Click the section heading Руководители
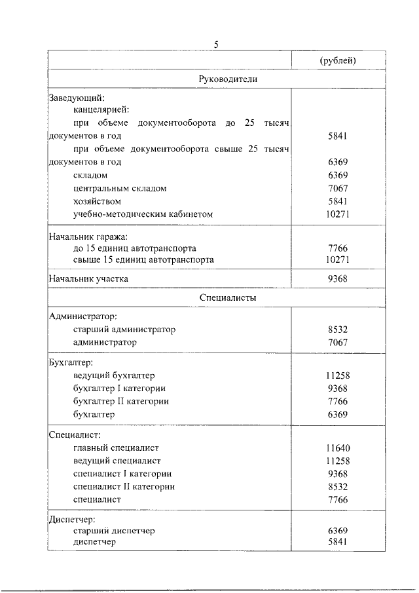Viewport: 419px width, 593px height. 228,79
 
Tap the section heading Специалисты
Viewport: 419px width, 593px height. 228,298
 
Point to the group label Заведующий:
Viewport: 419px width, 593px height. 77,98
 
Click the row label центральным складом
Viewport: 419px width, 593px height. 120,188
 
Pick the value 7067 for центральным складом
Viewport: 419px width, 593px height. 338,188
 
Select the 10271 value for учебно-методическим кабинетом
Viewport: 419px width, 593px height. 338,214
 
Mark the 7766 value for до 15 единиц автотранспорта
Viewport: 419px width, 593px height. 338,249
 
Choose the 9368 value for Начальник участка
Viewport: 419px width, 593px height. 338,278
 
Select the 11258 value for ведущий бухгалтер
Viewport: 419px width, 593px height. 338,375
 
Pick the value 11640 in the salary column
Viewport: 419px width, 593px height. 338,448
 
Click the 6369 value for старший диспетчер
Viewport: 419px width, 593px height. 338,531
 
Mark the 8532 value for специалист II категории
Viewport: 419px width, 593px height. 338,487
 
